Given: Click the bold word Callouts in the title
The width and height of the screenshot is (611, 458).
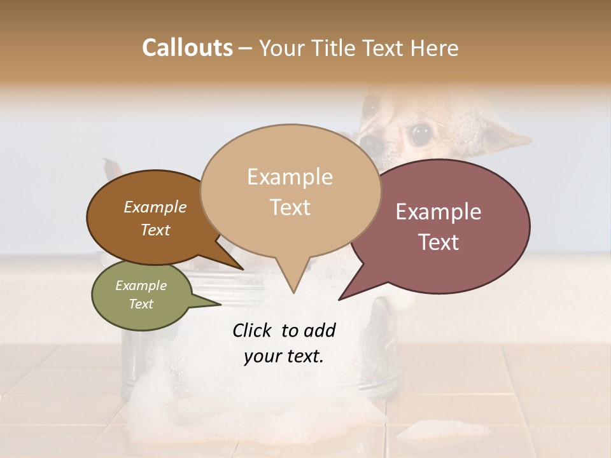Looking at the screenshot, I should [x=187, y=48].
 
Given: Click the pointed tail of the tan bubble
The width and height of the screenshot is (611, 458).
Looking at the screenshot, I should [x=293, y=289].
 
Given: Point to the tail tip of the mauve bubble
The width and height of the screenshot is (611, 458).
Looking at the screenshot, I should [x=341, y=298].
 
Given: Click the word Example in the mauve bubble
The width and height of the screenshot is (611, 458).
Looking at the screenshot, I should [x=439, y=212].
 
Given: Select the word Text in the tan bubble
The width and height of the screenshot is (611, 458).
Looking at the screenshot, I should [x=290, y=207].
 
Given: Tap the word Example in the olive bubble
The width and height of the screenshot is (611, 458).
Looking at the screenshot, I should [x=141, y=286].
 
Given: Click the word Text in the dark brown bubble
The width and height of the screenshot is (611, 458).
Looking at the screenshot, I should [x=155, y=230].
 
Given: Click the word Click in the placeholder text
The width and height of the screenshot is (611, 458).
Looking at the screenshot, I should [x=253, y=330].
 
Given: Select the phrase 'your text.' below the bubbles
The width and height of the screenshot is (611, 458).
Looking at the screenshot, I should [x=284, y=356].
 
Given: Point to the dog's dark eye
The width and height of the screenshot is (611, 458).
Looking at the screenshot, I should [x=420, y=133].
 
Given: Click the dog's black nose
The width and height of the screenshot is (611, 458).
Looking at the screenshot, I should [x=374, y=145].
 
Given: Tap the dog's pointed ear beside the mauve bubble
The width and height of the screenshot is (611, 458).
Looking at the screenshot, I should [x=509, y=137].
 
